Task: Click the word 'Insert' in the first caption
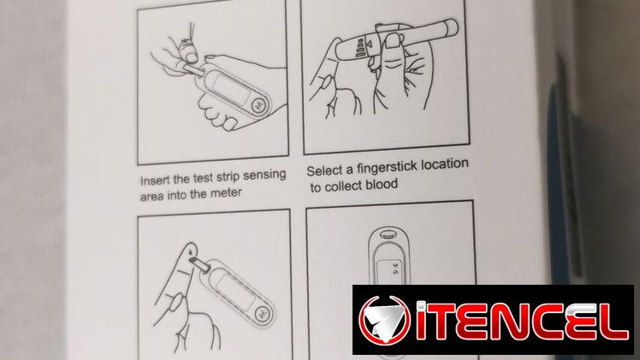click(154, 180)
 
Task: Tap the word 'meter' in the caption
click(226, 193)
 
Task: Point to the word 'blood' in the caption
click(382, 185)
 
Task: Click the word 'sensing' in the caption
click(264, 176)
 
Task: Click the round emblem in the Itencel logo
click(384, 321)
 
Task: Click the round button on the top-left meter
click(258, 106)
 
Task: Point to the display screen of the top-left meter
click(231, 87)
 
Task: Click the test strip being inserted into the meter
click(194, 70)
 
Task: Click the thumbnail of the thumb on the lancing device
click(394, 41)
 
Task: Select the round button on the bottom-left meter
click(263, 313)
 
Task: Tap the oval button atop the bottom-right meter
click(386, 234)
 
